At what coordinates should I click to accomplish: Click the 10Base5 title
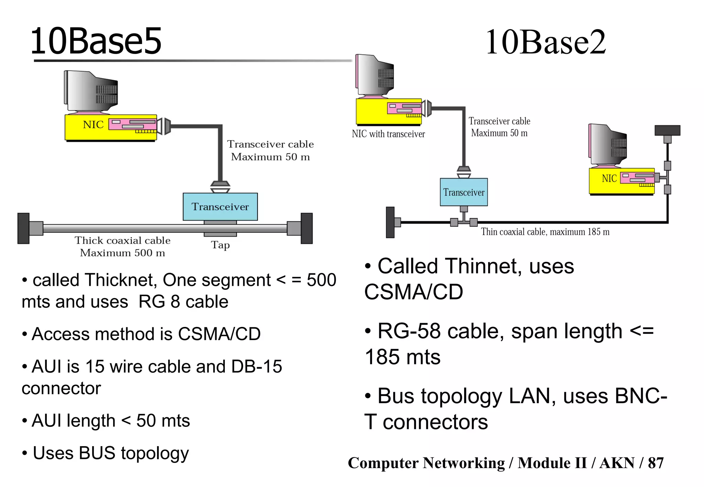click(96, 41)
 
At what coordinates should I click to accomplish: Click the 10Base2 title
click(546, 42)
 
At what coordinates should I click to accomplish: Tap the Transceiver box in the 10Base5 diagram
click(220, 207)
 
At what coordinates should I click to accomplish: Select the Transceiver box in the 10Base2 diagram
click(464, 192)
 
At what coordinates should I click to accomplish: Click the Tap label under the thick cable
click(220, 245)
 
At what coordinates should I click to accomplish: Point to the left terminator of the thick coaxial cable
click(23, 228)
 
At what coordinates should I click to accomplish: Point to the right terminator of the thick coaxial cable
click(306, 228)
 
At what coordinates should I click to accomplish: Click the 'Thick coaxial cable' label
click(122, 240)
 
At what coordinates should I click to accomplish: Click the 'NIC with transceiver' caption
click(388, 134)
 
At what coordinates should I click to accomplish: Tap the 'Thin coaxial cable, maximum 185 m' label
click(545, 232)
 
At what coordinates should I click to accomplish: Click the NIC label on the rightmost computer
click(609, 179)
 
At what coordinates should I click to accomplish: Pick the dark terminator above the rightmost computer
click(667, 131)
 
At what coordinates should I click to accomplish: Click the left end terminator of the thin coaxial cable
click(390, 222)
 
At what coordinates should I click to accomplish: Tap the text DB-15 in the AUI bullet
click(256, 366)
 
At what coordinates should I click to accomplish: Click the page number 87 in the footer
click(656, 463)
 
